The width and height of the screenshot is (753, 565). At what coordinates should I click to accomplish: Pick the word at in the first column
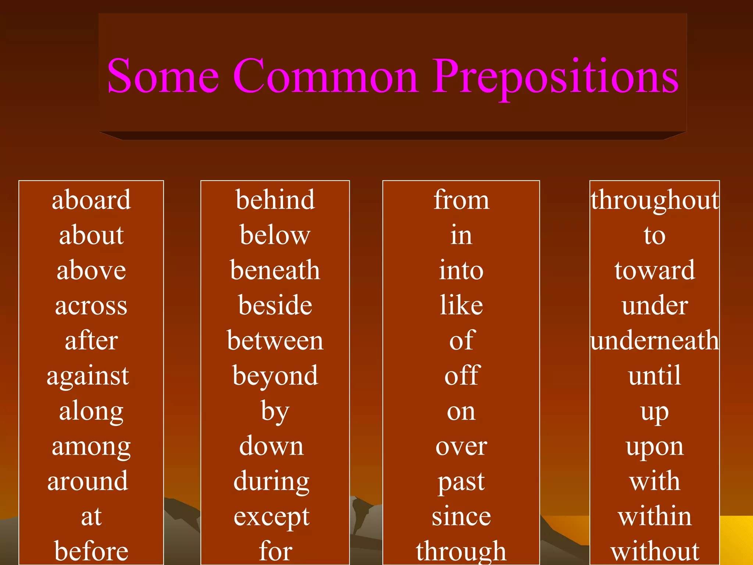click(91, 516)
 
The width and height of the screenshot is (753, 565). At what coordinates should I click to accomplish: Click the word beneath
click(275, 270)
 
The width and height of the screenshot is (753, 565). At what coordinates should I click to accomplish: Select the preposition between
click(275, 341)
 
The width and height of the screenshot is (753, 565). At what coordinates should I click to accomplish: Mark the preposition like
click(461, 305)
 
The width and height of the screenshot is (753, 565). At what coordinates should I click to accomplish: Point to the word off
click(462, 376)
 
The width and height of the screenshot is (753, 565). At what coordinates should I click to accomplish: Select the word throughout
click(655, 200)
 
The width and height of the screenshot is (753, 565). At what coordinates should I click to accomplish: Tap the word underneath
click(655, 341)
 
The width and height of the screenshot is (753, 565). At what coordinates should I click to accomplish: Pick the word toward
click(655, 270)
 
